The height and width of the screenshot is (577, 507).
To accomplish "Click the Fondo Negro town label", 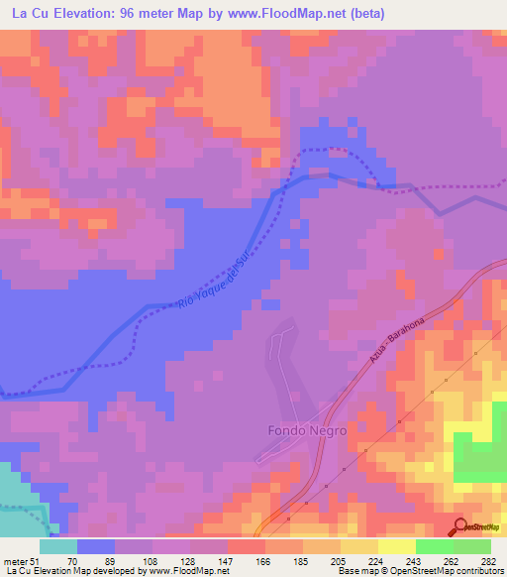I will point(302,431).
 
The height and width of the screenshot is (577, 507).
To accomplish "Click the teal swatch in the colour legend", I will point(58,546).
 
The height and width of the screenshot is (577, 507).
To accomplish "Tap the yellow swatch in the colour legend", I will point(397,546).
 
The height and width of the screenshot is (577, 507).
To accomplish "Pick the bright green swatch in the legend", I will point(435,546).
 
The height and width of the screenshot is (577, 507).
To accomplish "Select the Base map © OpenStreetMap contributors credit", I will point(420,571).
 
